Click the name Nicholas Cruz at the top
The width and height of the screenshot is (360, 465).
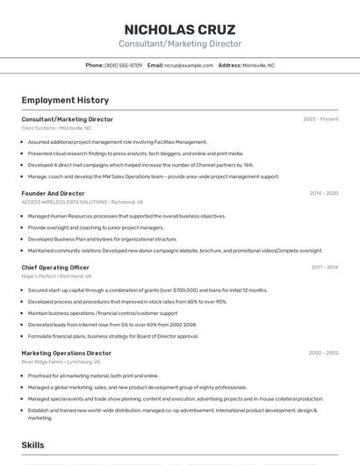(x=180, y=30)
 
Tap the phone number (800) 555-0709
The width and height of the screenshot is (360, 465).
(x=123, y=65)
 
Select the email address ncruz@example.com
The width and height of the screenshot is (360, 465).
(x=189, y=65)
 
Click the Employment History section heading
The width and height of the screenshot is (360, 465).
(x=65, y=101)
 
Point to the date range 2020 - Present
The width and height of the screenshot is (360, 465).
(x=320, y=119)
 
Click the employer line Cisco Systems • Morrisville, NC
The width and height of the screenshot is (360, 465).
(x=56, y=128)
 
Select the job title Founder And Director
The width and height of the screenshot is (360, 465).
(x=53, y=193)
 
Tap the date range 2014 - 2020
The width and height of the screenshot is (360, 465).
(x=323, y=193)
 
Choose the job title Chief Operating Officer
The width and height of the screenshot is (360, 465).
(x=55, y=267)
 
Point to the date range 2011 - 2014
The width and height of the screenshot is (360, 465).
(x=324, y=267)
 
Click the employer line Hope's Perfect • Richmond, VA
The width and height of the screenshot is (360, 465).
(x=58, y=275)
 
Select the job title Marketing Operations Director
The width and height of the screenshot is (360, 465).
(x=66, y=353)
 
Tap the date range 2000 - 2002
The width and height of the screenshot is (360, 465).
(x=323, y=353)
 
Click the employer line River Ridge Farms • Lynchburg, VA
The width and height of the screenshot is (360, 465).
(x=61, y=361)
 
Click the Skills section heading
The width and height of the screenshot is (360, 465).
(x=33, y=446)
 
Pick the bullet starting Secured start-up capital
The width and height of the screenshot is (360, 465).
(x=148, y=290)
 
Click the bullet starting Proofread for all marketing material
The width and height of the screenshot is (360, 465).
(x=93, y=376)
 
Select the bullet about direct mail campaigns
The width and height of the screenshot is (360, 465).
(x=140, y=165)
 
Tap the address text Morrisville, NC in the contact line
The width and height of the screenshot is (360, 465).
(x=258, y=65)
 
